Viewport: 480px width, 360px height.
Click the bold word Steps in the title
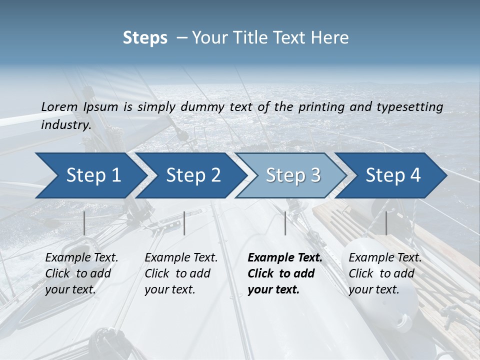click(x=145, y=38)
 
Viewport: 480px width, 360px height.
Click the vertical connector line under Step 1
click(x=84, y=223)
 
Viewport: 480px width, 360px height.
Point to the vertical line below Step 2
click(x=184, y=223)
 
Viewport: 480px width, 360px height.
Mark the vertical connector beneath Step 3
click(x=285, y=223)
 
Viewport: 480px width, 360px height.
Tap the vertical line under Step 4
click(x=386, y=223)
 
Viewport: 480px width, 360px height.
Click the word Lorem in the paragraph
click(x=59, y=106)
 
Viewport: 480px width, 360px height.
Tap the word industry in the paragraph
click(x=65, y=124)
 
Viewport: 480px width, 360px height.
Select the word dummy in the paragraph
click(x=203, y=106)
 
